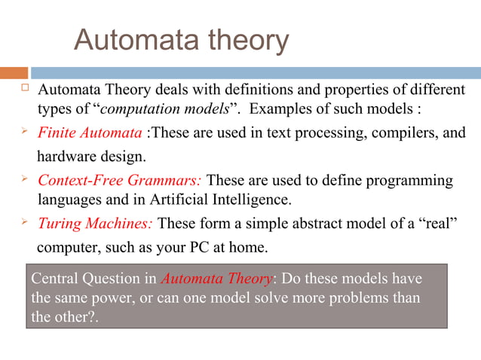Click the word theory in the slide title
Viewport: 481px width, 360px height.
[x=249, y=41]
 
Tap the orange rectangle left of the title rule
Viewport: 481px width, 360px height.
[x=14, y=73]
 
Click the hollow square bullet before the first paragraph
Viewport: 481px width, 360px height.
[x=23, y=89]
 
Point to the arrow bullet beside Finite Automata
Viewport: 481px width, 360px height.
[x=23, y=133]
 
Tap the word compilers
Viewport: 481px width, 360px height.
[x=398, y=134]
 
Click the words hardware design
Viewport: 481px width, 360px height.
[x=91, y=158]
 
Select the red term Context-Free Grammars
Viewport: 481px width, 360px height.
[x=120, y=181]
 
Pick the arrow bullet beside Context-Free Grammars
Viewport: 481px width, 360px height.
[x=23, y=179]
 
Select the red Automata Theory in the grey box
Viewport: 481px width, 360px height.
[x=216, y=279]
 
